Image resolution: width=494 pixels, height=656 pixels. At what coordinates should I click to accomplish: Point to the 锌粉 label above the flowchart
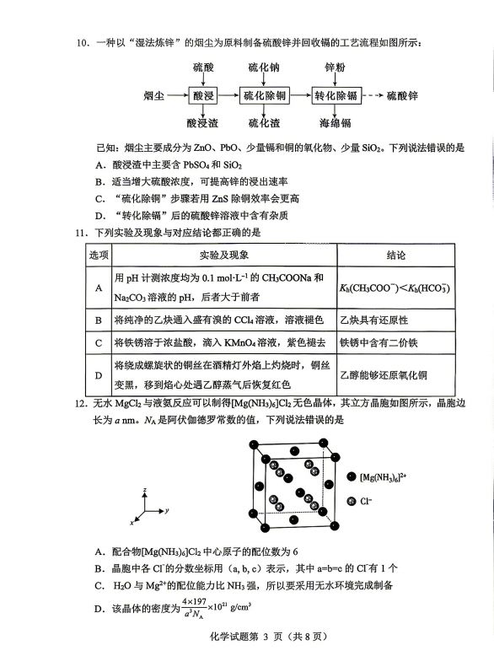coord(336,67)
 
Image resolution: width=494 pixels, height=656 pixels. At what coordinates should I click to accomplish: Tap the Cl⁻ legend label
coord(367,501)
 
